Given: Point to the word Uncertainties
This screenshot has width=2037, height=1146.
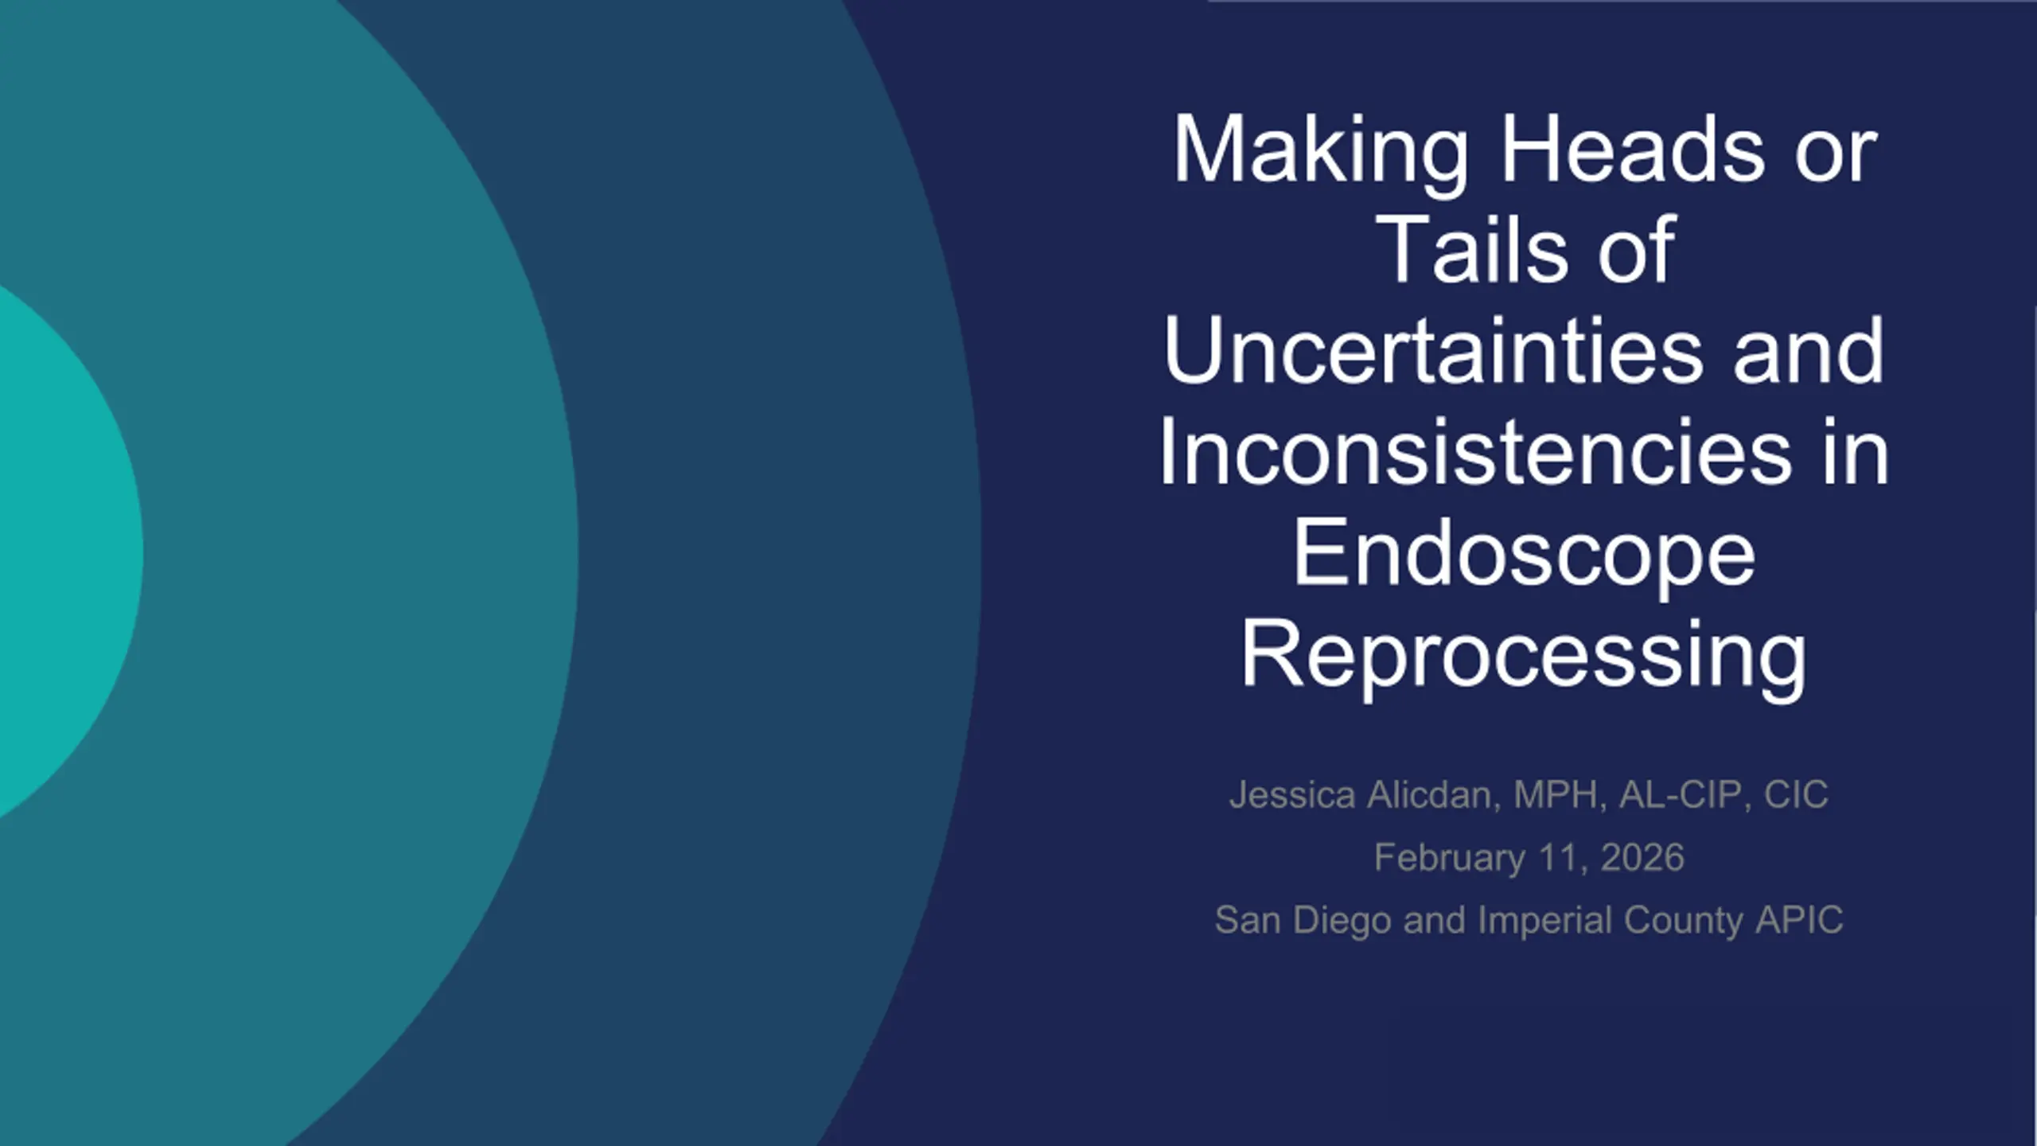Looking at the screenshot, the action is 1433,350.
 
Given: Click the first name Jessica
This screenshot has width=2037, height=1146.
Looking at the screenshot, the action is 1292,795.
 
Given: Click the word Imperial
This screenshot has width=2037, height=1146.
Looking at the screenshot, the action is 1545,922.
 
